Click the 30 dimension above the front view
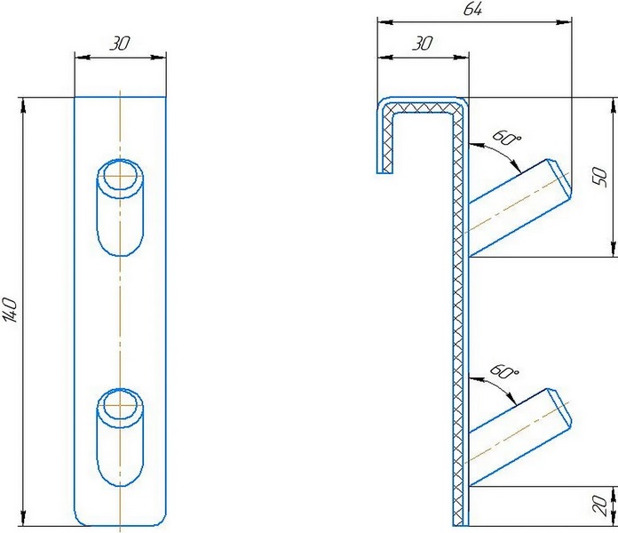pyautogui.click(x=120, y=43)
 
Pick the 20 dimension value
pyautogui.click(x=601, y=506)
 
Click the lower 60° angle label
pyautogui.click(x=504, y=373)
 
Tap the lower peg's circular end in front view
pyautogui.click(x=120, y=408)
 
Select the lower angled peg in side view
pyautogui.click(x=520, y=435)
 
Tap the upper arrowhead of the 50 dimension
pyautogui.click(x=614, y=100)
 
